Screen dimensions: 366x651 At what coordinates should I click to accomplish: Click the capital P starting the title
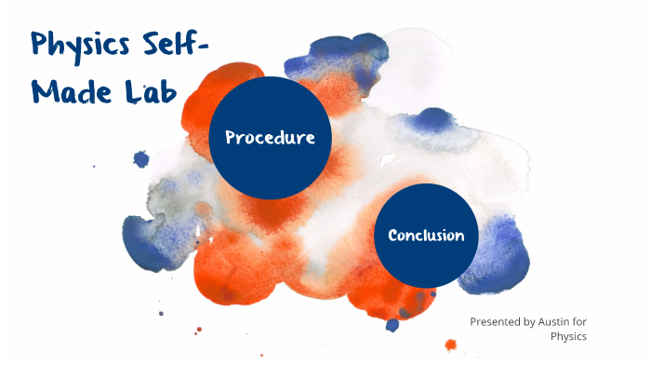(x=40, y=46)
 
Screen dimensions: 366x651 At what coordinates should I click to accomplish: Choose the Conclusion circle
(x=425, y=235)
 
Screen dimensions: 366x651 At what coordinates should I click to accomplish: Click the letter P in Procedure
(x=232, y=139)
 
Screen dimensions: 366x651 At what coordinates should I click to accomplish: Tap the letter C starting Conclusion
(x=392, y=235)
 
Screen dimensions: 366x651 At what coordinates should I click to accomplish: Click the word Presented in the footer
(x=494, y=321)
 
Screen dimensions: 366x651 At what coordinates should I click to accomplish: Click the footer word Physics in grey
(x=568, y=336)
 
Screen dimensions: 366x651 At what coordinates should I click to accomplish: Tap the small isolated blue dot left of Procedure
(x=141, y=159)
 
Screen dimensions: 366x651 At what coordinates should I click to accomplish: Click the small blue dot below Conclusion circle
(x=392, y=324)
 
